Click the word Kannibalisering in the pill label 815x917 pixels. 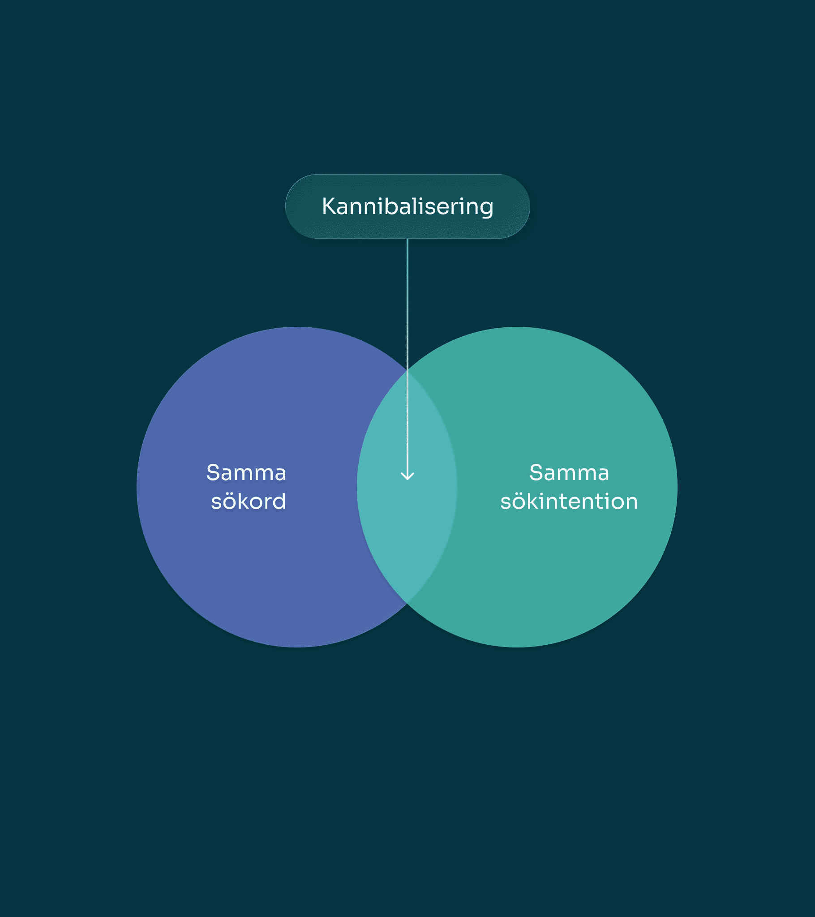point(407,207)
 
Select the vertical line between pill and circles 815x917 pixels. point(407,359)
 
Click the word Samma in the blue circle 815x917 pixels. point(246,473)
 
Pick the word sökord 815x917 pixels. point(248,501)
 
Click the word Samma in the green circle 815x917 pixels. point(569,473)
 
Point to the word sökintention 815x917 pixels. point(569,501)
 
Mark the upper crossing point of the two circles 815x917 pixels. point(407,371)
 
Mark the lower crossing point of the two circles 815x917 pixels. point(407,604)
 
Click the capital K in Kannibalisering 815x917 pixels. point(330,206)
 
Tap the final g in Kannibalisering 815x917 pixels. point(486,209)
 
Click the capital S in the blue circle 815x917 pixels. point(213,473)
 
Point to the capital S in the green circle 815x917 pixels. point(536,473)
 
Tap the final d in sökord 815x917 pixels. point(279,501)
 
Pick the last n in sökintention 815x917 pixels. point(631,503)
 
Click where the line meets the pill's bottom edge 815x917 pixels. point(407,238)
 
